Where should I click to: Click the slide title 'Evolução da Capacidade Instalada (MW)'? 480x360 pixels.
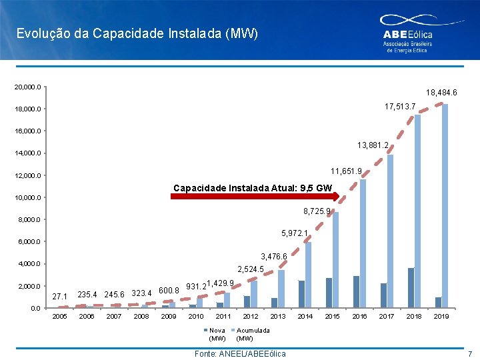click(137, 33)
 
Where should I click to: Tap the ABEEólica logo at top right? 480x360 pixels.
click(407, 35)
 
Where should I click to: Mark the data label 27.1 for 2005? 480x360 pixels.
click(59, 296)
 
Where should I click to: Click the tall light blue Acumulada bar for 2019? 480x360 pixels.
click(445, 206)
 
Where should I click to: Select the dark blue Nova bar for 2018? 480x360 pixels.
click(411, 287)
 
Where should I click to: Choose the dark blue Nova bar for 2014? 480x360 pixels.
click(301, 294)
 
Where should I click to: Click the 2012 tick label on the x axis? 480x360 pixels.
click(251, 317)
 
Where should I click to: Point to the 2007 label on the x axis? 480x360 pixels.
click(114, 317)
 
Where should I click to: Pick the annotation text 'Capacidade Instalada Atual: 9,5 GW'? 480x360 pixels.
click(252, 187)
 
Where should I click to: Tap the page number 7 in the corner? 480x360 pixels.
click(469, 353)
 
